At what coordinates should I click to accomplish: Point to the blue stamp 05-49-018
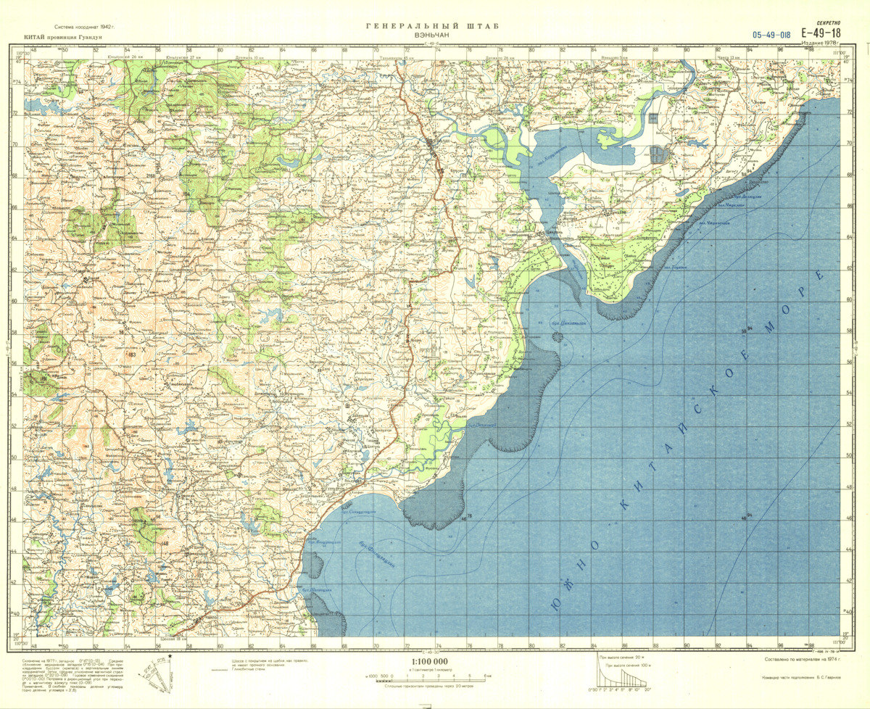(771, 34)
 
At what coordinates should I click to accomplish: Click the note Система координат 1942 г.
(79, 26)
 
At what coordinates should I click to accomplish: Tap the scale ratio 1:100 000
(429, 662)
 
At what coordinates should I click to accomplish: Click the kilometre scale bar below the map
(429, 676)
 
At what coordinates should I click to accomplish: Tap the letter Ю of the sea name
(556, 605)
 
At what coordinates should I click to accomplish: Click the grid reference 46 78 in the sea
(464, 516)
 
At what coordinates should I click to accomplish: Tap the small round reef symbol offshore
(557, 336)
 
